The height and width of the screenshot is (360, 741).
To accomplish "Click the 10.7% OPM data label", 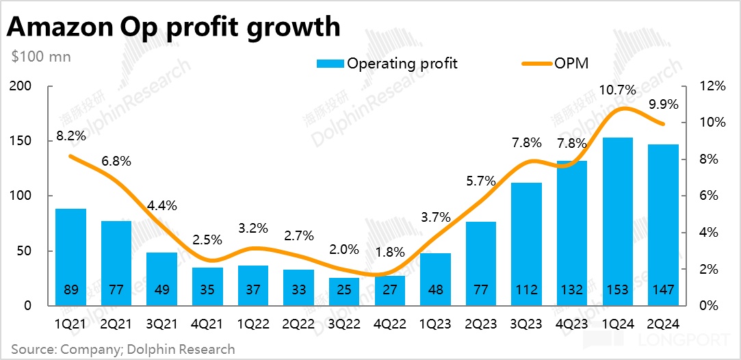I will (x=618, y=90).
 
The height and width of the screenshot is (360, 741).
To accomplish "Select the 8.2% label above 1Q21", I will (x=70, y=136).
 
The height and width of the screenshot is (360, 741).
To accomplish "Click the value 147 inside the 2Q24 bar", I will (x=663, y=290).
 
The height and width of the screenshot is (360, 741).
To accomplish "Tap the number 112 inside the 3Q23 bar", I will (x=526, y=290).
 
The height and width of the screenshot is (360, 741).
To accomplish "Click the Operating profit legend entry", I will (x=402, y=64).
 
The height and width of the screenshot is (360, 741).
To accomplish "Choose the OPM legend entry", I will (x=571, y=64).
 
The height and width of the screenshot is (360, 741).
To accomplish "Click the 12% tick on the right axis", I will (x=712, y=86).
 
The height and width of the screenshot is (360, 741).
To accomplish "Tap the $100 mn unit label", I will (x=41, y=56).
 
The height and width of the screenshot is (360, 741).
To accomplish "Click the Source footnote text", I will (x=123, y=349).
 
